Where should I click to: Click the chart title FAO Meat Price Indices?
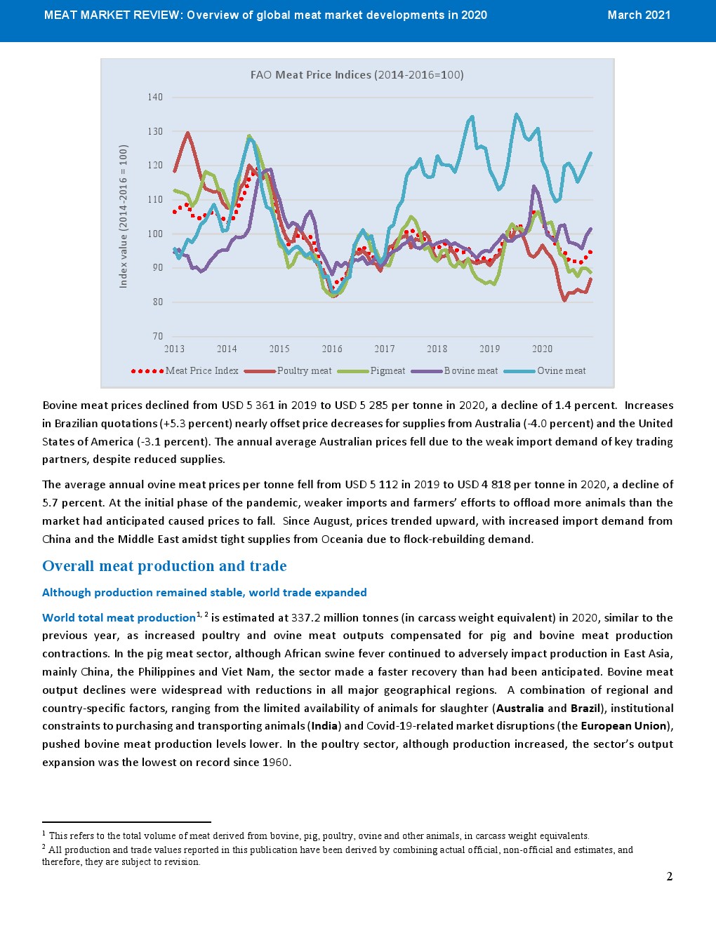(x=357, y=75)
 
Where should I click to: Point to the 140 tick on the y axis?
(x=155, y=98)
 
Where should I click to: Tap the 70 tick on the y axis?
(x=157, y=336)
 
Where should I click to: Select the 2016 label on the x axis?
(x=332, y=349)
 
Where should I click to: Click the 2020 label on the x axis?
(x=542, y=349)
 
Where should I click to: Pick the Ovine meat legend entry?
(x=561, y=371)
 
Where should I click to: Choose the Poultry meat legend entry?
(x=304, y=371)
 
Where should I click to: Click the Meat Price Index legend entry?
(x=201, y=371)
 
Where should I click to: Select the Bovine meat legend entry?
(x=470, y=371)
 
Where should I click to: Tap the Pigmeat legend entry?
(x=387, y=371)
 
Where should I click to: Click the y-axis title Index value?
(x=124, y=216)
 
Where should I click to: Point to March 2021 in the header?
(x=639, y=15)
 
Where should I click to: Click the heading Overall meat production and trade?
(x=164, y=566)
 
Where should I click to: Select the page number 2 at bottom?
(x=669, y=876)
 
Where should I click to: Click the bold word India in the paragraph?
(x=326, y=726)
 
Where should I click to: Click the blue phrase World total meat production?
(x=119, y=618)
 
